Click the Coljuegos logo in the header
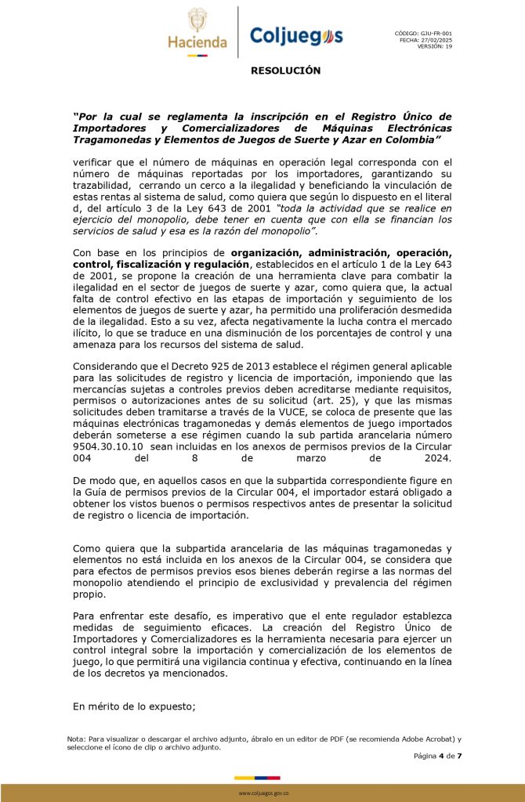coord(295,36)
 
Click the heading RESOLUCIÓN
coord(286,70)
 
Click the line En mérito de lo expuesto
coord(133,706)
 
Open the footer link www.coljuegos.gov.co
coord(263,793)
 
